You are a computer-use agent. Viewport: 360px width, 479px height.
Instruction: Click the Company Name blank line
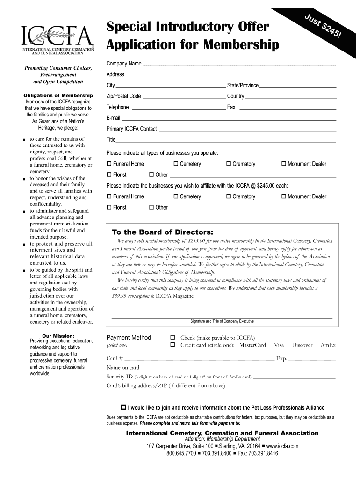coord(239,64)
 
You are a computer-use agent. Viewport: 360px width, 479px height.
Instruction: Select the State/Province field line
coord(298,86)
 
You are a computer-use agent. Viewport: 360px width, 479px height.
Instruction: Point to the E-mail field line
coord(229,119)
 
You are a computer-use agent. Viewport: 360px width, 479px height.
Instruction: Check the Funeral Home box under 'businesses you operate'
coord(109,164)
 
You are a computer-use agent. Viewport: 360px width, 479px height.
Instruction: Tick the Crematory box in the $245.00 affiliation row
coord(229,196)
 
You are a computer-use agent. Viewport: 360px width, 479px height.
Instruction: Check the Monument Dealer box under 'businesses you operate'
coord(284,164)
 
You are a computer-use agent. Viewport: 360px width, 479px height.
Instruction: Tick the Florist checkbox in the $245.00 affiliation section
coord(109,208)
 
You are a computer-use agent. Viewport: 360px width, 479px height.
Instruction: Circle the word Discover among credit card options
coord(302,345)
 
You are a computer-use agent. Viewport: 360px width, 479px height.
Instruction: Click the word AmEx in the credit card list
coord(328,345)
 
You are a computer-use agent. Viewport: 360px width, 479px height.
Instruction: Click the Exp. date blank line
coord(312,359)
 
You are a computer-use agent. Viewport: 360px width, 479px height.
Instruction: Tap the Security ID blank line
coord(294,377)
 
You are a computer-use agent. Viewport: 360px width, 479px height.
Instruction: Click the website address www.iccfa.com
coord(282,446)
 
